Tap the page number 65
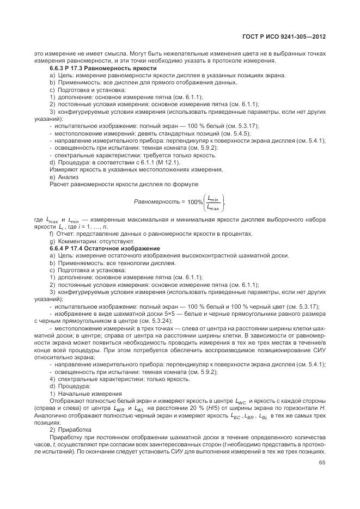tap(322, 463)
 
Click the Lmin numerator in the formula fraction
tap(213, 198)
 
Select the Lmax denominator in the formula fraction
tap(213, 207)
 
